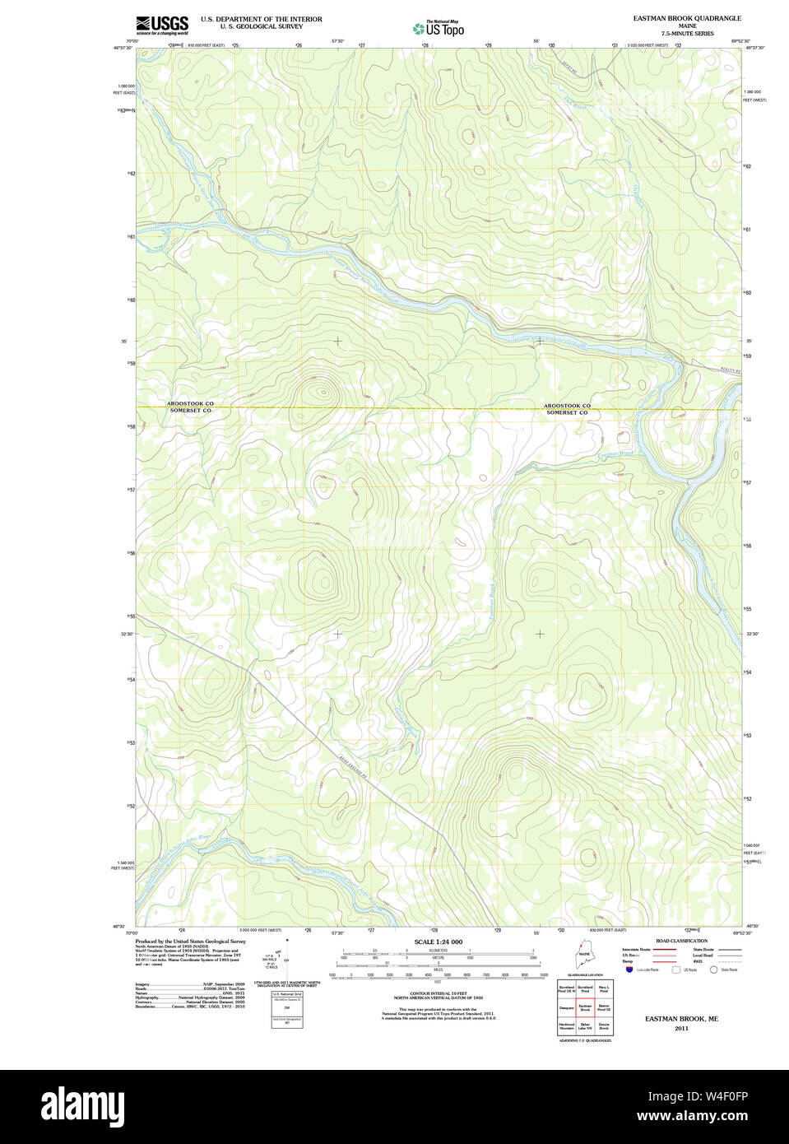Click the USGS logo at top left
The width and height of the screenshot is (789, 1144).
[x=161, y=24]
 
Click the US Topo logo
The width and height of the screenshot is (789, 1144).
[x=439, y=28]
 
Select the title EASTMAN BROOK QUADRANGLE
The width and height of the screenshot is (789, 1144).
[x=686, y=18]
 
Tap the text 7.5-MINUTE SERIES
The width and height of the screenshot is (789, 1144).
[x=687, y=34]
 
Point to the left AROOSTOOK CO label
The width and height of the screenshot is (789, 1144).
[x=190, y=403]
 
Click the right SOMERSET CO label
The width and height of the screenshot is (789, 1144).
[x=567, y=412]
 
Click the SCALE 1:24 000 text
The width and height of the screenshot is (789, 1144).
[x=438, y=942]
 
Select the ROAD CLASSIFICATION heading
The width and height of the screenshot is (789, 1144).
[x=681, y=941]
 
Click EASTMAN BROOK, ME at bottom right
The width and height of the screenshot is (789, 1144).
[x=680, y=1019]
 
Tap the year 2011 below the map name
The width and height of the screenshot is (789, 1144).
[x=680, y=1029]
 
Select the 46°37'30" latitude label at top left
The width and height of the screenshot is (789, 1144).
[x=123, y=48]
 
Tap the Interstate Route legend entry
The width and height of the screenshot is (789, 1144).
[x=637, y=950]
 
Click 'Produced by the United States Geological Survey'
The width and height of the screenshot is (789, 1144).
[x=191, y=941]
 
